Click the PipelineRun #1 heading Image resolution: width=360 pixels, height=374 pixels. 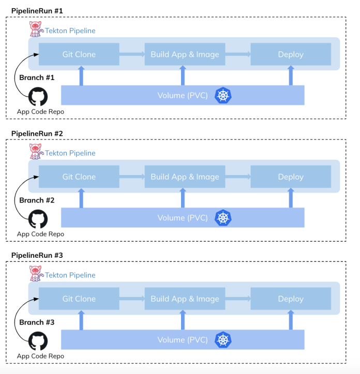(x=37, y=11)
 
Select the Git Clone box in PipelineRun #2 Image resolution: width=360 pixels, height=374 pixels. (x=79, y=177)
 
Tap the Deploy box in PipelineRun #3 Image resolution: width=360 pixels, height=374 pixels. (x=291, y=299)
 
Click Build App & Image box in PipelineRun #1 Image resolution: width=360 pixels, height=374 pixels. (x=185, y=54)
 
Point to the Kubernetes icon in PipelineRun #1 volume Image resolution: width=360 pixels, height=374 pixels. (x=223, y=95)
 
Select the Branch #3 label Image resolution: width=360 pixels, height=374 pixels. (x=37, y=322)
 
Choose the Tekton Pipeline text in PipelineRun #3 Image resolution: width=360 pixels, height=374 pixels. (x=70, y=275)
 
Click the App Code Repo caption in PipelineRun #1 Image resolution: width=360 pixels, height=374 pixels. (x=41, y=112)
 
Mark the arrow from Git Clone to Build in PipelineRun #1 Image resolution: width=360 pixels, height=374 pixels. (x=132, y=54)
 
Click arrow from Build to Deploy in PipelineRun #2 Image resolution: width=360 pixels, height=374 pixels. (x=238, y=176)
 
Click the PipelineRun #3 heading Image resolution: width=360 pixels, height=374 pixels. (x=37, y=256)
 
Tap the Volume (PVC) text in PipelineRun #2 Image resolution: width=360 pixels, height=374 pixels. (x=183, y=218)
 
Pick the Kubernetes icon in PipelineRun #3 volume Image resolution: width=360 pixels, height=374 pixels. (x=223, y=340)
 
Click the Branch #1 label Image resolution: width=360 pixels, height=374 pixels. (x=37, y=77)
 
